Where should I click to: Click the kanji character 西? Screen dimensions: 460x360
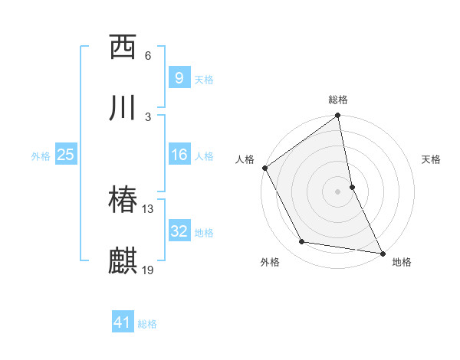[123, 47]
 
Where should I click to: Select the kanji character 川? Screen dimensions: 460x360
[123, 108]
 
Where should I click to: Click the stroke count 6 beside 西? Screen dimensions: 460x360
[147, 56]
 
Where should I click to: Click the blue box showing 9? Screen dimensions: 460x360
[179, 78]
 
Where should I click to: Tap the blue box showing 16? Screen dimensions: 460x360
[179, 155]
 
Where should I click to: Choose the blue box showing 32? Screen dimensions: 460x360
[179, 231]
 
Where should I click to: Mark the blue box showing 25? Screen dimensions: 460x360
[66, 155]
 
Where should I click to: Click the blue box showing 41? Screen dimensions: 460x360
[123, 322]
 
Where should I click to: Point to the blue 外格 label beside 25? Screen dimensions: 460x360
[41, 155]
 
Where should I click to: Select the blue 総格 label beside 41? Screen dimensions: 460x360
[147, 324]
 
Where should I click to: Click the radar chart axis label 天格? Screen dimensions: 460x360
[431, 159]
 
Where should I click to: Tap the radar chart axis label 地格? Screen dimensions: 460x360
[402, 262]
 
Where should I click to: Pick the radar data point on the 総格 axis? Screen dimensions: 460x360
[338, 116]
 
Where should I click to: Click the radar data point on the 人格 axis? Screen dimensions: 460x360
[265, 168]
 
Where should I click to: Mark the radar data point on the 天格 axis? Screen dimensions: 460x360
[352, 187]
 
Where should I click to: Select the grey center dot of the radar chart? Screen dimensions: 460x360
[338, 191]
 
